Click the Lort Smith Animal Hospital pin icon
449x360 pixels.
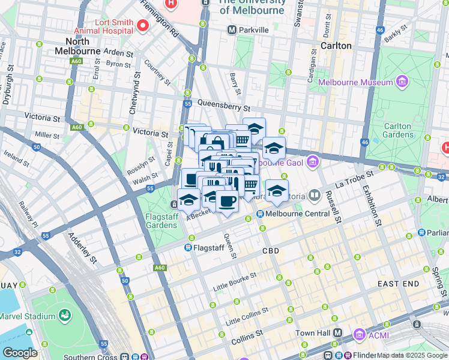(x=143, y=25)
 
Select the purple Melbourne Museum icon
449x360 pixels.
(x=402, y=81)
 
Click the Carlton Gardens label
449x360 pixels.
(x=397, y=131)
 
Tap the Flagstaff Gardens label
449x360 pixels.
(x=161, y=220)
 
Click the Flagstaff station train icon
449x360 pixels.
(x=188, y=247)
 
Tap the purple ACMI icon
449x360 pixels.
(x=359, y=333)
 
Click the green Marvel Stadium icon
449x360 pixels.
(x=64, y=315)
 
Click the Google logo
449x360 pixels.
(x=20, y=353)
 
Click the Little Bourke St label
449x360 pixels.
(x=235, y=282)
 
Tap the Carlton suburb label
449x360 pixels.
(x=335, y=46)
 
